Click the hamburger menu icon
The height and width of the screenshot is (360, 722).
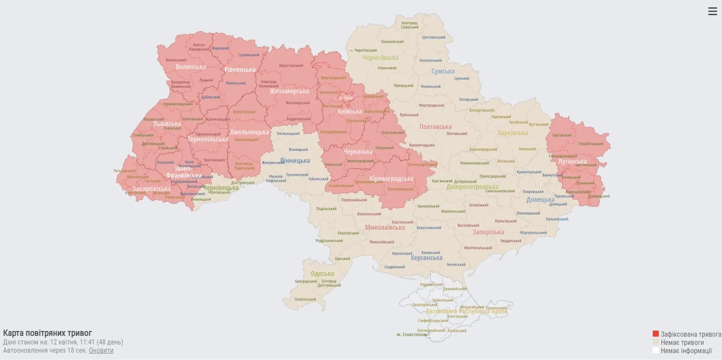(712, 12)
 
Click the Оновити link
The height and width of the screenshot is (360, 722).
(101, 350)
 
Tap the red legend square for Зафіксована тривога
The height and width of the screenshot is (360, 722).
(655, 334)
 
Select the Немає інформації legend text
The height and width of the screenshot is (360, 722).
(686, 351)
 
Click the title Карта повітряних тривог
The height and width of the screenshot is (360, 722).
(48, 333)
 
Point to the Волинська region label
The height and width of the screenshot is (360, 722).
(190, 67)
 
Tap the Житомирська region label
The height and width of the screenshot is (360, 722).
(289, 91)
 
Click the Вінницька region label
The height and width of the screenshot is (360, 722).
(295, 161)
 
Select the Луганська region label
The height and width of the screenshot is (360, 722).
(572, 161)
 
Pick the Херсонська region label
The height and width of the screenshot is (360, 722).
(426, 258)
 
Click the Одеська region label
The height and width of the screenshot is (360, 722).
(322, 273)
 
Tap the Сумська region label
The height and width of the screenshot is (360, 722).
(443, 71)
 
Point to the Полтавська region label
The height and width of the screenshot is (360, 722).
(435, 127)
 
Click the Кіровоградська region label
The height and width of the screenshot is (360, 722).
(391, 179)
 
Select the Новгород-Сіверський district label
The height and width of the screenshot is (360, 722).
(409, 25)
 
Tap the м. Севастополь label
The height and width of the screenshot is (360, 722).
(412, 334)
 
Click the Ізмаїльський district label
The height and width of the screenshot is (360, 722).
(306, 299)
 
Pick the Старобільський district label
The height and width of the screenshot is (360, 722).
(590, 144)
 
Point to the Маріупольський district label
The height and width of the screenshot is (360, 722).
(533, 233)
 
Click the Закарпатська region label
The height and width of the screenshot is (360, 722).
(151, 189)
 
